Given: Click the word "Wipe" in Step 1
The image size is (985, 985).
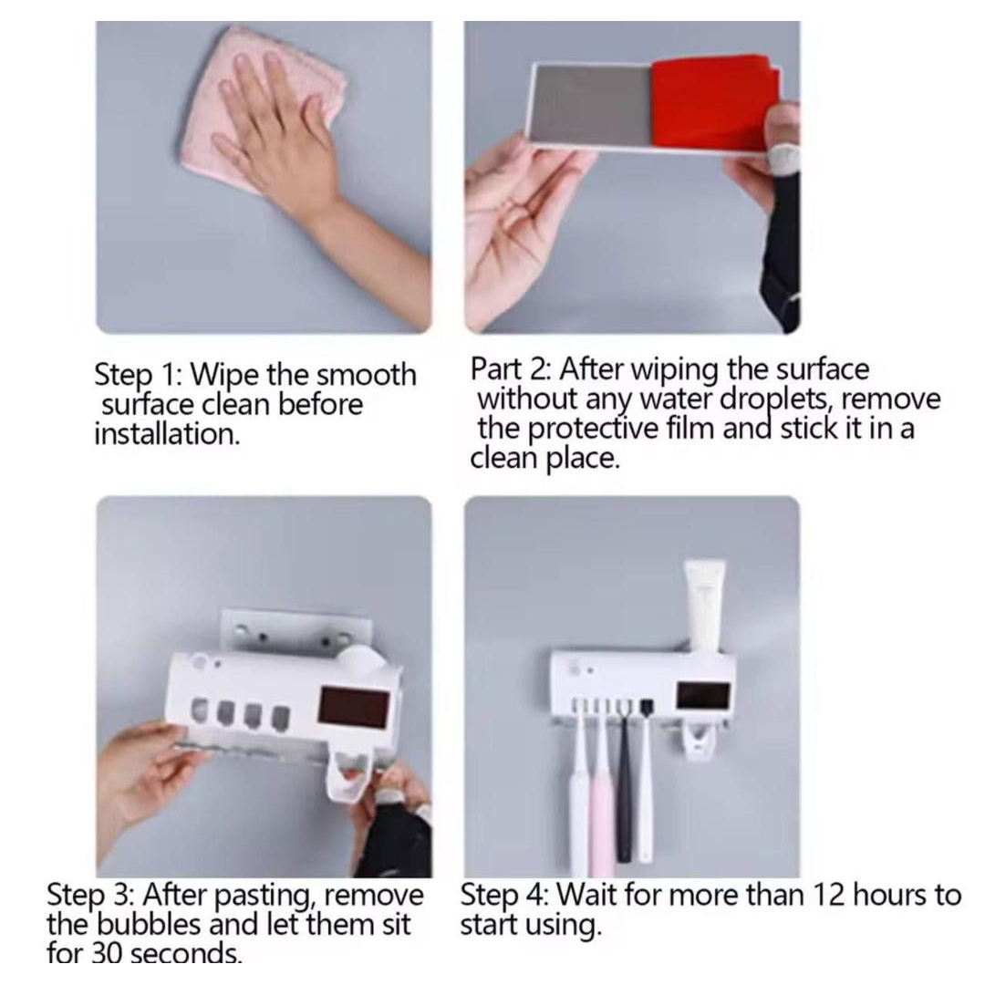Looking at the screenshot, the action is click(223, 375).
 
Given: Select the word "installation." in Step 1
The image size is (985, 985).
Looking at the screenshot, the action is click(167, 434).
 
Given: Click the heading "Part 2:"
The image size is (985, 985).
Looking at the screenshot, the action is click(510, 368).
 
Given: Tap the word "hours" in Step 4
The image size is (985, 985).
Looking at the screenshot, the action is click(889, 895).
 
